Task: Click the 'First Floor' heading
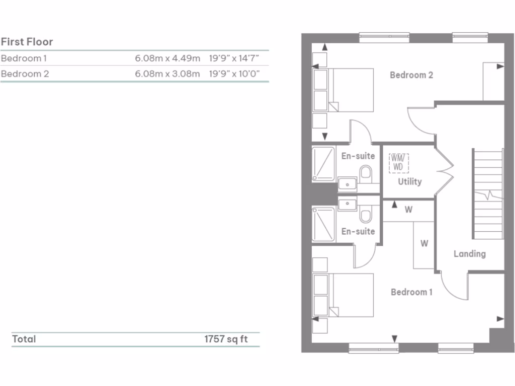tap(27, 42)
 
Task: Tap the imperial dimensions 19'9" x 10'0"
tap(234, 74)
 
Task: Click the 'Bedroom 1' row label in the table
tap(24, 58)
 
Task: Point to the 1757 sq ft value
tap(226, 339)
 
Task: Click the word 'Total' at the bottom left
tap(24, 339)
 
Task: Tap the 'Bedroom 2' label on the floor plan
tap(411, 75)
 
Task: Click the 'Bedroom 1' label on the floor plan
tap(411, 292)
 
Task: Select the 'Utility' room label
tap(409, 181)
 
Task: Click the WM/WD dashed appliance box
tap(398, 163)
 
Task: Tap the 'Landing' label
tap(469, 254)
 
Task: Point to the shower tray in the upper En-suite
tap(323, 163)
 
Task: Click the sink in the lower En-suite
tap(347, 204)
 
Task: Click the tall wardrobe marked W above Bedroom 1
tap(423, 245)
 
